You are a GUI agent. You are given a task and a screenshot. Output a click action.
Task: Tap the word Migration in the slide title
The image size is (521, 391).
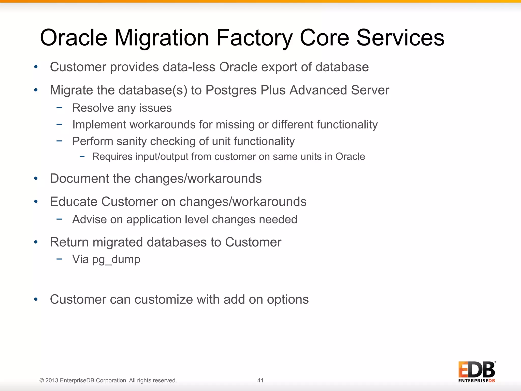point(162,38)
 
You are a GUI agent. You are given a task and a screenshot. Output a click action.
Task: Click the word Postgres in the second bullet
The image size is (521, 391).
point(231,90)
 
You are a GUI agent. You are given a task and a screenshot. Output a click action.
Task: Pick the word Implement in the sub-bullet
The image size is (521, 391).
point(99,125)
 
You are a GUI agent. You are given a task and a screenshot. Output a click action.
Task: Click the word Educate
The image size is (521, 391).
point(74,202)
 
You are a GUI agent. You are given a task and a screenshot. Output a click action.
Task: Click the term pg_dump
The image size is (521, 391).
point(116,260)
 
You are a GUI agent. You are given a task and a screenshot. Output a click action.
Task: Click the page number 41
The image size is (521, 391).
point(260,380)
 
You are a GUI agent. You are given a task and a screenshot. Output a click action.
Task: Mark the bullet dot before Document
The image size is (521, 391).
point(36,178)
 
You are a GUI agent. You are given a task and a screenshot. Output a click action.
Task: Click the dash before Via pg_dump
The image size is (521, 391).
point(60,259)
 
